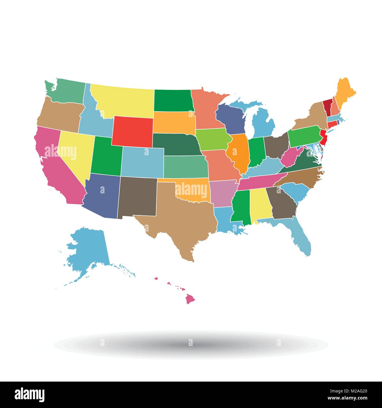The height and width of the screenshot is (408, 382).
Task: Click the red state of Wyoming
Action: click(x=132, y=131)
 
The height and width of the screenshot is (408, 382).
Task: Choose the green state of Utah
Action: click(x=106, y=159)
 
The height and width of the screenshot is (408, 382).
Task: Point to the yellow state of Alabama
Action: click(x=260, y=205)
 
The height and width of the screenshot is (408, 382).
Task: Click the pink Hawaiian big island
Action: click(x=190, y=299)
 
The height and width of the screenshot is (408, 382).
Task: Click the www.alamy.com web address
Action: click(x=347, y=398)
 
